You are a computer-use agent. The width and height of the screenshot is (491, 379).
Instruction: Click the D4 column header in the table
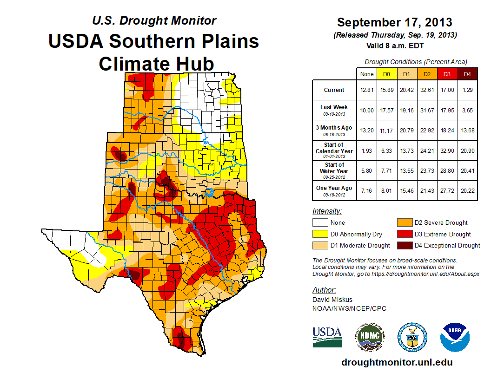pyautogui.click(x=467, y=74)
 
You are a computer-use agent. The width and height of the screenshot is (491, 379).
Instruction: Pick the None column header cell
pyautogui.click(x=367, y=74)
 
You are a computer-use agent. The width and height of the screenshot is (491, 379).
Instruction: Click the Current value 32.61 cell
pyautogui.click(x=427, y=90)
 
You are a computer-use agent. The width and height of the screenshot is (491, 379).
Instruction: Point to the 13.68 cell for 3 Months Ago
pyautogui.click(x=467, y=131)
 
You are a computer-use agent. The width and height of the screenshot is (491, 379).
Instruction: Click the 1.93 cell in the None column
pyautogui.click(x=367, y=151)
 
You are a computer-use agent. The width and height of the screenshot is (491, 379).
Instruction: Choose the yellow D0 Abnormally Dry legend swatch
pyautogui.click(x=320, y=234)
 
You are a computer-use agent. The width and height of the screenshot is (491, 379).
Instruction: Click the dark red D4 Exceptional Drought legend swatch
pyautogui.click(x=404, y=245)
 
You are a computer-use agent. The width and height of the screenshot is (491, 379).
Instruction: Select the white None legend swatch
pyautogui.click(x=320, y=223)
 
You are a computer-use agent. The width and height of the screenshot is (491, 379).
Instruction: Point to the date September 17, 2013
pyautogui.click(x=394, y=22)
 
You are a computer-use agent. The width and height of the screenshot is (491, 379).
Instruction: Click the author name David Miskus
pyautogui.click(x=332, y=300)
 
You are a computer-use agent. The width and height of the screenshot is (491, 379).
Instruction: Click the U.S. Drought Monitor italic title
pyautogui.click(x=154, y=20)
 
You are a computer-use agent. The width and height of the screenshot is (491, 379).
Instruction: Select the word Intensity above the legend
pyautogui.click(x=327, y=211)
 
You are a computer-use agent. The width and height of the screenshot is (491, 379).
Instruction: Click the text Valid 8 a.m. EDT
pyautogui.click(x=394, y=45)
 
